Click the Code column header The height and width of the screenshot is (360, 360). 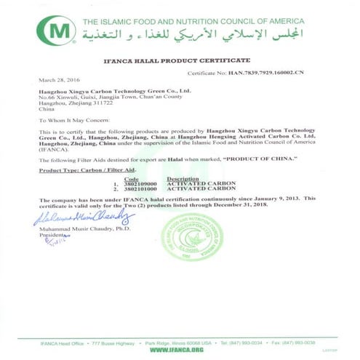click(132, 179)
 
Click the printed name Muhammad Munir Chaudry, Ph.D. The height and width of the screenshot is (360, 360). click(81, 230)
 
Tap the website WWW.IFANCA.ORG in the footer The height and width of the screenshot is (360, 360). click(179, 349)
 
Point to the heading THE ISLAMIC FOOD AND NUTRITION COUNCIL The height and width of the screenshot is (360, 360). click(196, 21)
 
